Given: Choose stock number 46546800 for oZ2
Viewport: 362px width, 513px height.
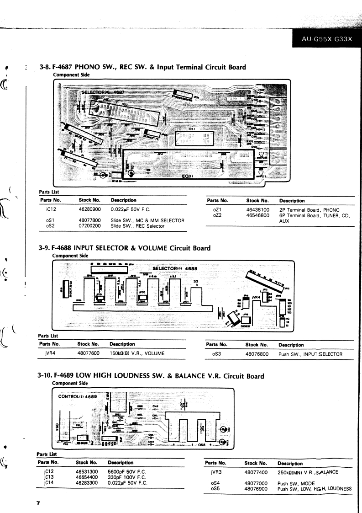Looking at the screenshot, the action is [x=257, y=215].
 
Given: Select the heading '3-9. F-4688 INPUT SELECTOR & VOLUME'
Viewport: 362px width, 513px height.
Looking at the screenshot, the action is [x=125, y=248].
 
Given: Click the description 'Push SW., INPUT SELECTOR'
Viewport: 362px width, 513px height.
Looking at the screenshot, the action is [x=310, y=354].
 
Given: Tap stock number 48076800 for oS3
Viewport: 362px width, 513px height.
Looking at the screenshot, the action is [x=257, y=354].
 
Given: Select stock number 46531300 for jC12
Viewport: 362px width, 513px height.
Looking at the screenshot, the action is [x=87, y=470].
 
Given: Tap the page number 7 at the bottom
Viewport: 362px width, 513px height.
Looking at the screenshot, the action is [x=39, y=503].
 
